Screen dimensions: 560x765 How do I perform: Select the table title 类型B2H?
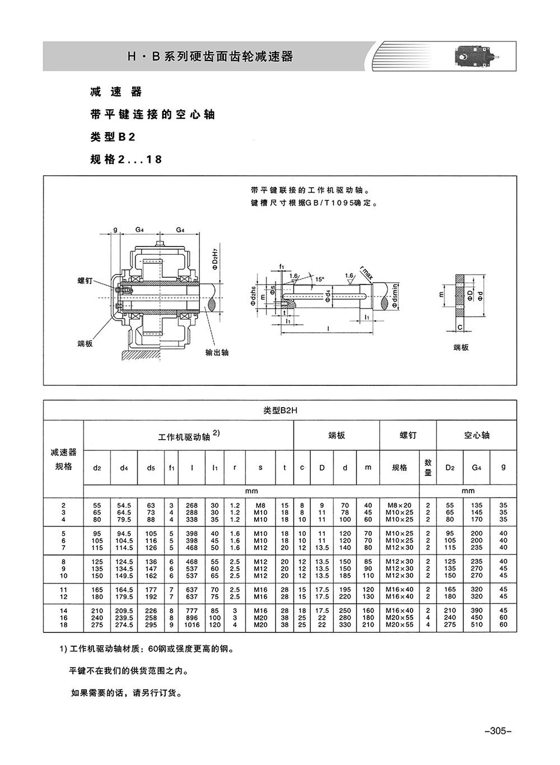click(280, 410)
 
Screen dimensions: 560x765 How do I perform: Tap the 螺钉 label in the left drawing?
click(85, 281)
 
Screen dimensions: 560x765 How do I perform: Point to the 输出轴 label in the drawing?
click(217, 352)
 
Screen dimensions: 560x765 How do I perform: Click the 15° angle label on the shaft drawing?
click(319, 279)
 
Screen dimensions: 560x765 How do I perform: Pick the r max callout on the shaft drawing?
click(366, 273)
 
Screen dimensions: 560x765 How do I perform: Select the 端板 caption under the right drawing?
click(461, 347)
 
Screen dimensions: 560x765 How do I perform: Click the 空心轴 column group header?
click(477, 435)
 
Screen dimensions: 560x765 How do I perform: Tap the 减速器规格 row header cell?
click(63, 459)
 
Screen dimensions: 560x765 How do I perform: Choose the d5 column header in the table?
click(151, 468)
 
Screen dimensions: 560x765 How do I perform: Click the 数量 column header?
click(428, 467)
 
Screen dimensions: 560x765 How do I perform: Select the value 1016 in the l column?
click(192, 624)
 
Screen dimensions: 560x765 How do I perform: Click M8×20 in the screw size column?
click(399, 505)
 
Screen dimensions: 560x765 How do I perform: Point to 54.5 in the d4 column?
click(124, 505)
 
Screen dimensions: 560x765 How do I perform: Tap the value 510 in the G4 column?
click(477, 624)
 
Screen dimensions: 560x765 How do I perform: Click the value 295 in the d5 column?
click(151, 624)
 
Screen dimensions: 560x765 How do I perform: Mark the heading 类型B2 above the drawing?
click(113, 137)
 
